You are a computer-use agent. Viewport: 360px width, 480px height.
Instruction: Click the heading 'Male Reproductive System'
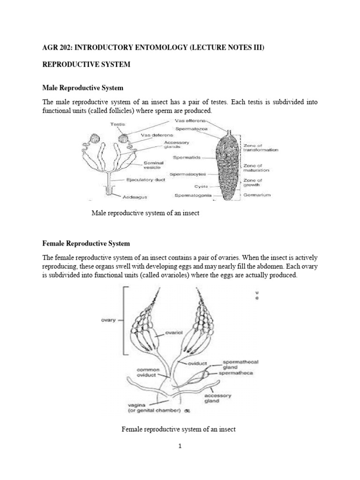[83, 88]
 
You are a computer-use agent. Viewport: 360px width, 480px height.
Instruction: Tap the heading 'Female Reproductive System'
[86, 244]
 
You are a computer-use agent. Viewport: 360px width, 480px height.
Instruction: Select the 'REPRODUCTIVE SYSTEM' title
[86, 64]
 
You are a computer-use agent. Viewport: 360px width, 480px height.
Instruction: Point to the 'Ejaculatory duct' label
[145, 180]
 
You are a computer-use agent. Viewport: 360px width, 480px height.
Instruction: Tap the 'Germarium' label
[257, 195]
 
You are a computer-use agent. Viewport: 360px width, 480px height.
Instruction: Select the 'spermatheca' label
[237, 373]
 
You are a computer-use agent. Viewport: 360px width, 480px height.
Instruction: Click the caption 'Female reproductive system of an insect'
[179, 429]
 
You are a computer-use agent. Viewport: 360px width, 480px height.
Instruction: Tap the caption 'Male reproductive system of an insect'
[146, 213]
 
